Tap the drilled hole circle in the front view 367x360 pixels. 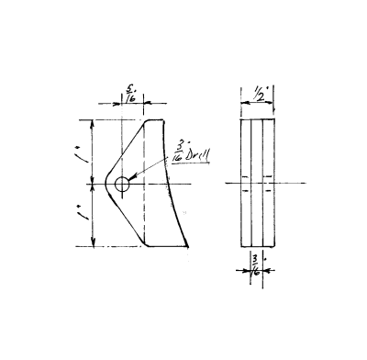123,185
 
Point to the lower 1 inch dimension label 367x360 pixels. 85,217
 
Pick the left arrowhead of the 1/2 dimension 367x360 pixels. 242,104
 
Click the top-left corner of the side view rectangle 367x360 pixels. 240,120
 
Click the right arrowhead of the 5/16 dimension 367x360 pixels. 141,104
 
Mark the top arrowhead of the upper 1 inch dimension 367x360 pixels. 94,122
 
